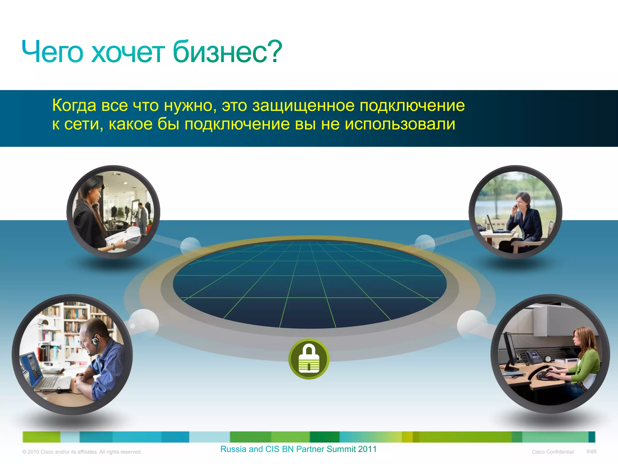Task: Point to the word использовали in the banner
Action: pos(400,124)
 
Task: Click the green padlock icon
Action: pos(309,359)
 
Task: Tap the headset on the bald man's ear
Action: pos(95,341)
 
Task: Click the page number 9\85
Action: pos(591,452)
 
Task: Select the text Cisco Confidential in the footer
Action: pos(553,452)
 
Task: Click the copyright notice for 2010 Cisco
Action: pos(82,452)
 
